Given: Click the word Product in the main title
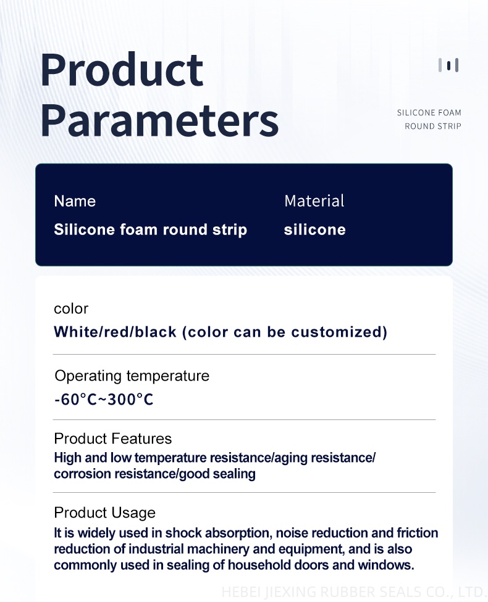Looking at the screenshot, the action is [122, 70].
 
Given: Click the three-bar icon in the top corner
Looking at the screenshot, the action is [448, 65].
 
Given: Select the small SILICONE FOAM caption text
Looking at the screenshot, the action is [429, 112].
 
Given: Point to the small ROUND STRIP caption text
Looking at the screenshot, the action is [432, 126].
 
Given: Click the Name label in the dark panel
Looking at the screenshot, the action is [75, 201].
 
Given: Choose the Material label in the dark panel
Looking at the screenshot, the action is [314, 201].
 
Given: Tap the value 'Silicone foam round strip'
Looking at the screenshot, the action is [150, 229].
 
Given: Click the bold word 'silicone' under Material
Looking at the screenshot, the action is [314, 229].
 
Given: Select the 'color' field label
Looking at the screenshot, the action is [71, 308].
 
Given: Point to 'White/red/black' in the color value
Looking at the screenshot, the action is [116, 332].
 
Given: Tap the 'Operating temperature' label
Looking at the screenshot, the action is [132, 376].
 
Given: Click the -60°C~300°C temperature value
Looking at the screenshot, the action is [104, 399].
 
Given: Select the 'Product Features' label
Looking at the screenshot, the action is [112, 439].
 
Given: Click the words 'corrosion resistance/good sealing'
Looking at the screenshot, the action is [154, 474].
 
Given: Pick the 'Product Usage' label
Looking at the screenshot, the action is [104, 513].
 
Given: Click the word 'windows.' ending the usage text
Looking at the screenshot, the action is [386, 565].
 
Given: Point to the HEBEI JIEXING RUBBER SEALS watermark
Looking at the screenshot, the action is [352, 592].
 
